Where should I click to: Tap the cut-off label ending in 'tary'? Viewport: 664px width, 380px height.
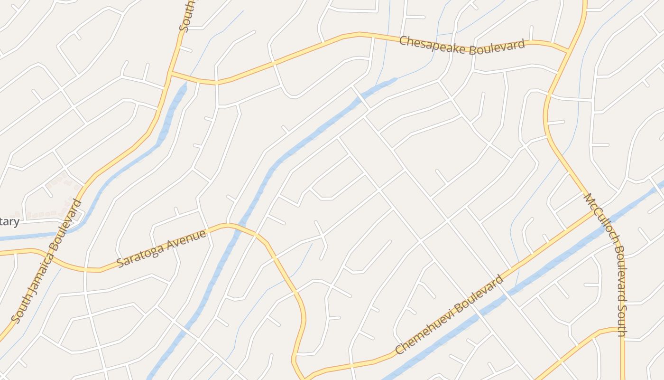9,221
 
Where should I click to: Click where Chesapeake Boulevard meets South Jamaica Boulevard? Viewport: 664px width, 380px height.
170,73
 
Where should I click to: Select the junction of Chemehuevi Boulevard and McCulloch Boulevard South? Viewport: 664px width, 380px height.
594,212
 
